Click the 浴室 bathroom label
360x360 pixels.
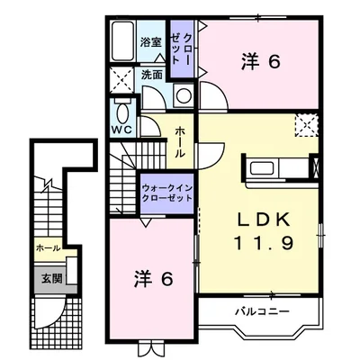coord(151,42)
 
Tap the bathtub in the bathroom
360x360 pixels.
coord(122,41)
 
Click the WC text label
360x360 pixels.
coord(122,130)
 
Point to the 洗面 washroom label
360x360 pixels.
coord(152,75)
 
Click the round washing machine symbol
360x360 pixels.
coord(183,96)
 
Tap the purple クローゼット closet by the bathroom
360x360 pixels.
coord(182,48)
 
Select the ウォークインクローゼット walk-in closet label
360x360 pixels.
coord(166,193)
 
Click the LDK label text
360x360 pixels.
coord(264,220)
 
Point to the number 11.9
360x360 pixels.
coord(264,243)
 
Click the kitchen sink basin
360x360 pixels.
coord(263,167)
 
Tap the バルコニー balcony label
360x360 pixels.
coord(262,311)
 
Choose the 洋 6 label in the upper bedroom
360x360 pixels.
coord(260,62)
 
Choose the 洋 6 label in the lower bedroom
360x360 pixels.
coord(153,279)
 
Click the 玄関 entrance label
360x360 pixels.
coord(51,279)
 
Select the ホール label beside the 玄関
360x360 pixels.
coord(49,247)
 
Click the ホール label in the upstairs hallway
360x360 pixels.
coord(180,142)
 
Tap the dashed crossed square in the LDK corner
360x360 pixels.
coord(306,126)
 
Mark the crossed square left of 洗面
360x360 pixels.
coord(121,79)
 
